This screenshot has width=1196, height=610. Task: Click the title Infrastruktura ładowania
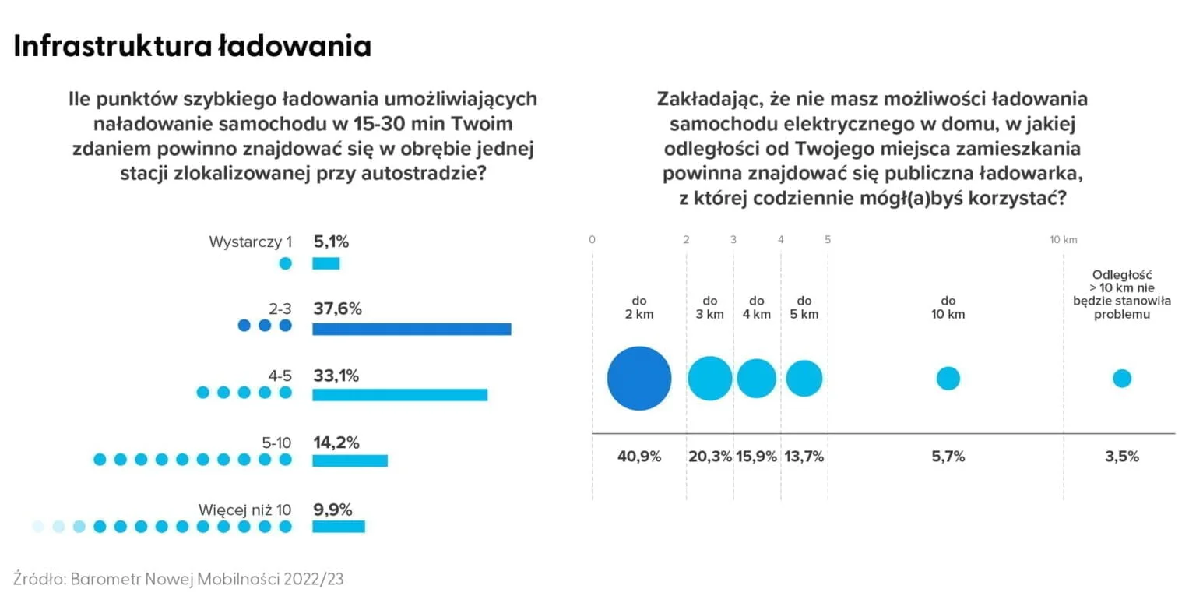click(192, 47)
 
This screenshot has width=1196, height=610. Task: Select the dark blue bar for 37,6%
click(411, 328)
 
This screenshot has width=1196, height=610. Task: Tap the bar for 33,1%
click(399, 394)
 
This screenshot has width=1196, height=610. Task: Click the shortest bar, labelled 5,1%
click(325, 263)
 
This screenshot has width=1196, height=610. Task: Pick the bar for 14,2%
click(350, 460)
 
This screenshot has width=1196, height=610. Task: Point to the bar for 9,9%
click(338, 527)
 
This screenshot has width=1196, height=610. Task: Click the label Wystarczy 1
click(250, 242)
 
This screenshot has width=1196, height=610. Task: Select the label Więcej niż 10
click(244, 510)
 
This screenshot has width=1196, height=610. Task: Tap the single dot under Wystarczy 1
click(285, 263)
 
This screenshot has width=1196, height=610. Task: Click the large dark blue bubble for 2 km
click(639, 378)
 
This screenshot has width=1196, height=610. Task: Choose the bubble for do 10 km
click(948, 378)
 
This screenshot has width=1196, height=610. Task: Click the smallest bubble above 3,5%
click(1121, 378)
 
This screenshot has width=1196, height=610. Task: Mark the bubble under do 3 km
click(709, 378)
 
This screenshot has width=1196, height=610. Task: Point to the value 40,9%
click(639, 457)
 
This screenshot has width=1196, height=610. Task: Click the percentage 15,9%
click(756, 457)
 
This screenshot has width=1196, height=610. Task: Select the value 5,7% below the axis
click(948, 457)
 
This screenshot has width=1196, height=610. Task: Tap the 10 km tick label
click(1064, 240)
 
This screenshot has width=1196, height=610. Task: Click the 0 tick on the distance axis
click(592, 240)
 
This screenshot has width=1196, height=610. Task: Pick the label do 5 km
click(804, 307)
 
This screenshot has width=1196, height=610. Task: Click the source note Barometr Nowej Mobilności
click(178, 579)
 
